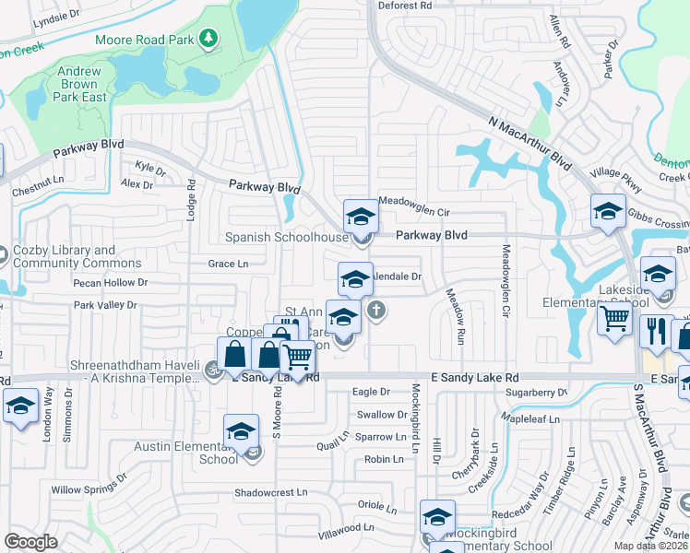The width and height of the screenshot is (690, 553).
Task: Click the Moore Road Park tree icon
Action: tap(210, 39)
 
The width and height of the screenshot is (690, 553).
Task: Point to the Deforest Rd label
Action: tap(406, 6)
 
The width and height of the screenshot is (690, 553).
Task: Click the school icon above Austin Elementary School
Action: tap(241, 430)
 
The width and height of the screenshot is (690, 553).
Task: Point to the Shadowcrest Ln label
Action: tap(270, 493)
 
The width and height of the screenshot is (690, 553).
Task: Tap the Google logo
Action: tap(30, 542)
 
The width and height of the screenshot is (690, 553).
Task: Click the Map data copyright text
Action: tap(651, 546)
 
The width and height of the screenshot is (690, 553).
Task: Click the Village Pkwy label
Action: tap(616, 179)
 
